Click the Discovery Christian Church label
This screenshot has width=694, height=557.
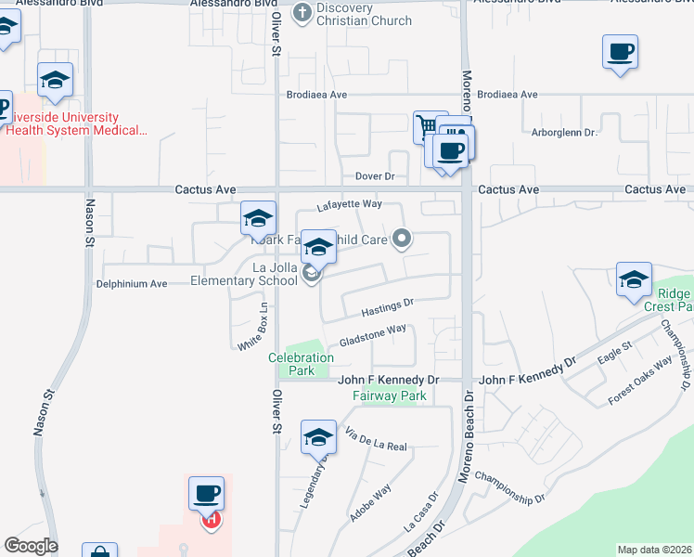pos(345,15)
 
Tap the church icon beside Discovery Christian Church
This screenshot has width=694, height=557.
pos(302,13)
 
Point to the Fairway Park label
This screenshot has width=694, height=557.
pos(389,396)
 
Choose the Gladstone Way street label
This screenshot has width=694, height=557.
pos(373,334)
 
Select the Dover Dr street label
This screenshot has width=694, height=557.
pos(375,176)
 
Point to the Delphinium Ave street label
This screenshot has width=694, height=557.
pos(132,284)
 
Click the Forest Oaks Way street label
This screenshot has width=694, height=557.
pos(640,382)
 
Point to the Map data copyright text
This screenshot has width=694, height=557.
pos(654,550)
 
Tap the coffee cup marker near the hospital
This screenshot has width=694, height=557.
pos(206,493)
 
